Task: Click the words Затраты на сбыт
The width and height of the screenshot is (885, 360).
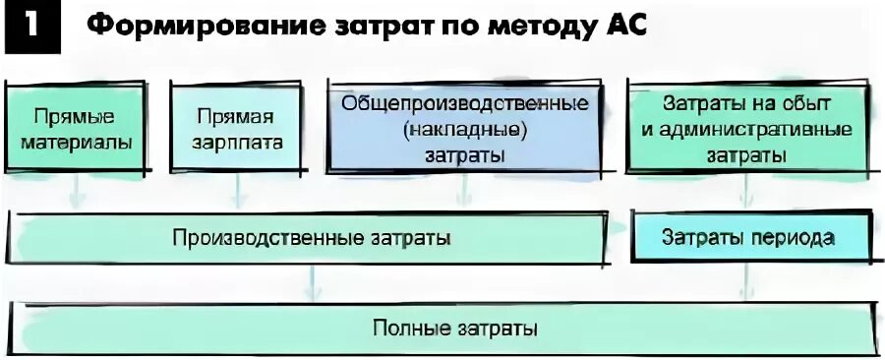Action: coord(746,102)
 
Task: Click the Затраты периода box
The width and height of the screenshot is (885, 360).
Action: coord(748,237)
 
